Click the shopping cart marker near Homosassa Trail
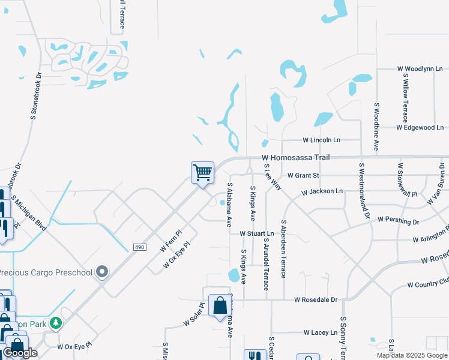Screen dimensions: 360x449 coord(203,173)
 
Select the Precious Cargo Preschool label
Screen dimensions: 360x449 coord(46,273)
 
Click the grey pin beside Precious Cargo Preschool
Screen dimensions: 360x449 coord(102,272)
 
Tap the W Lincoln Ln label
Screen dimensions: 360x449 coord(321,140)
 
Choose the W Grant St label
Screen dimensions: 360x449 coord(303,176)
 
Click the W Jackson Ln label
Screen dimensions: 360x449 coord(322,191)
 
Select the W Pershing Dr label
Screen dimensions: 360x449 coord(399,221)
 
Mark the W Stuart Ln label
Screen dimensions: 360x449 coord(256,233)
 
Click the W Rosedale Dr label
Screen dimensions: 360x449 coord(316,299)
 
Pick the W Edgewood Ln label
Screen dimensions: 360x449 coord(420,127)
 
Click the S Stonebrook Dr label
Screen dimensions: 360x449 coord(35,97)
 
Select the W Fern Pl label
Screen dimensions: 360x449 coord(170,241)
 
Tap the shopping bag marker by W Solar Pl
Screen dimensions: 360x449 coord(218,305)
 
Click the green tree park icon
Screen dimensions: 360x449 coord(56,323)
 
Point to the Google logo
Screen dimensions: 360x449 coord(20,353)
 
